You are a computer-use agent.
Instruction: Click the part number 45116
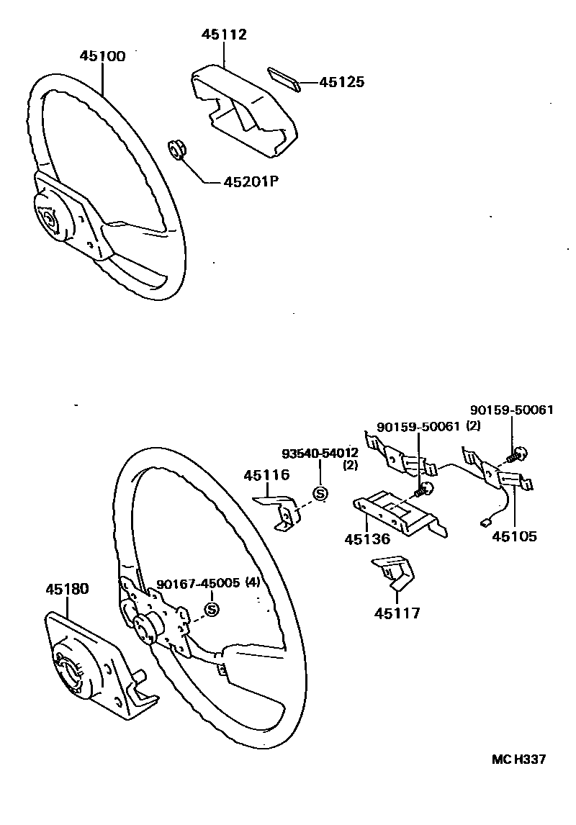[x=266, y=475]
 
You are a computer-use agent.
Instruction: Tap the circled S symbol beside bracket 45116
[x=320, y=493]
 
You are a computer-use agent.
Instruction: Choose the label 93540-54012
[x=319, y=453]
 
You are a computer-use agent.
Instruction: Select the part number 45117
[x=397, y=613]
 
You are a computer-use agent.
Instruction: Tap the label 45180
[x=67, y=589]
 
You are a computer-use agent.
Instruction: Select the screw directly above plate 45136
[x=424, y=491]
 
